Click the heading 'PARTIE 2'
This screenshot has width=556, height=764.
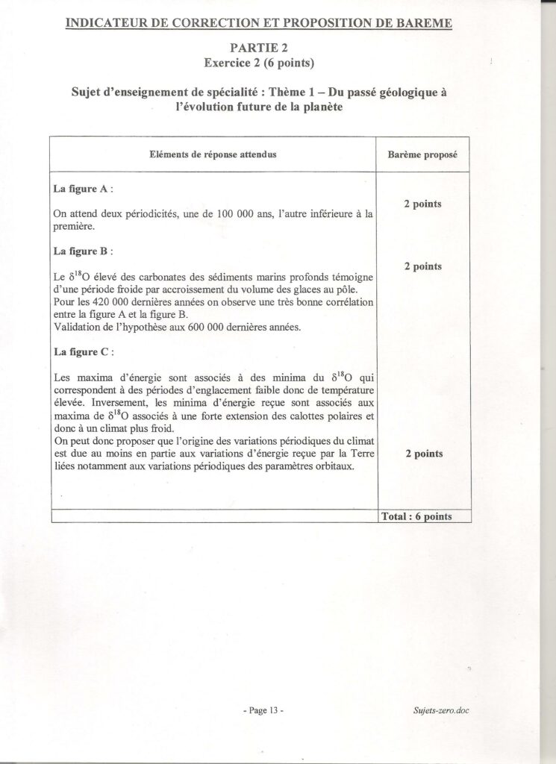coord(259,48)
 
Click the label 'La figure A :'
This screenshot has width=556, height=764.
coord(84,190)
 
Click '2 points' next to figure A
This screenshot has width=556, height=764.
coord(423,204)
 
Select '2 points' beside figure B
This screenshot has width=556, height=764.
coord(423,266)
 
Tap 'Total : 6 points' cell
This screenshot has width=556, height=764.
coord(423,516)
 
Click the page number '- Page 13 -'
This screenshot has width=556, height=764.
coord(263,711)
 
